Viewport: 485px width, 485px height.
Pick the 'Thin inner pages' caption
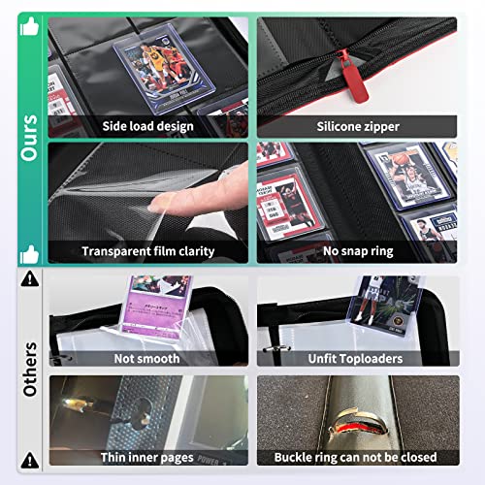(x=145, y=457)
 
